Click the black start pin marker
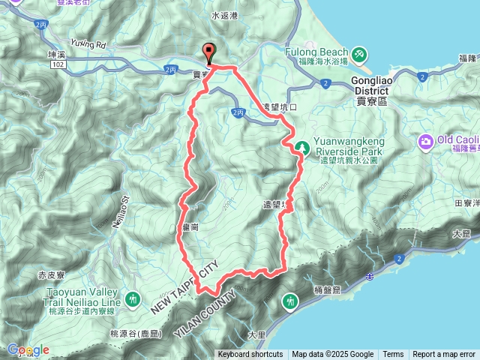point(209,53)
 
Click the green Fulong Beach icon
point(360,54)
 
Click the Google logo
point(28,349)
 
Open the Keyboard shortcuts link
point(250,355)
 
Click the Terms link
point(393,355)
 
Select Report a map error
point(444,355)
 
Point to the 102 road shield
point(58,65)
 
